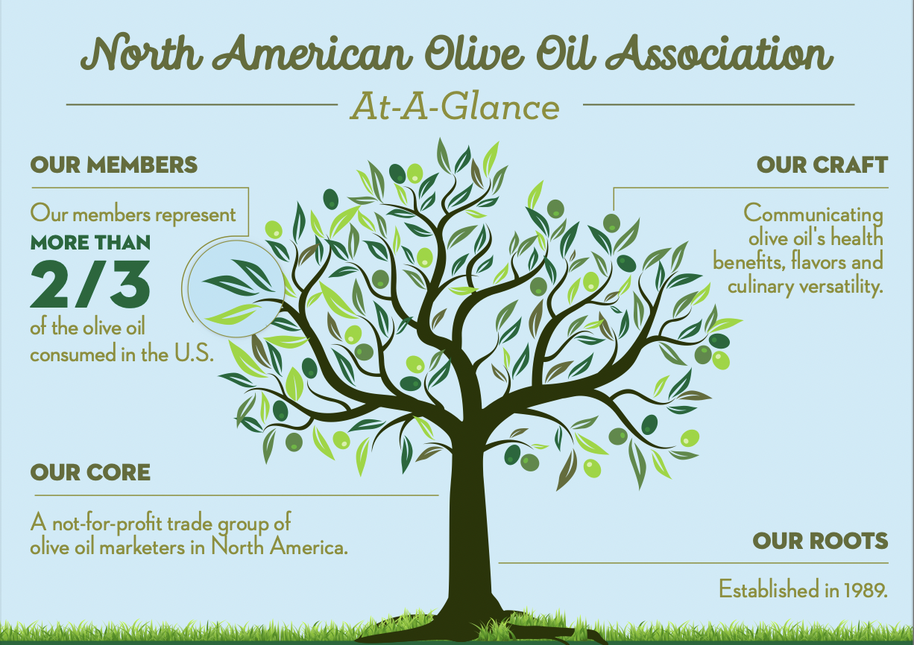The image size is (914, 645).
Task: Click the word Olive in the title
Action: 475,54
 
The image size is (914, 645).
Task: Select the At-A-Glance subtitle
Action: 455,106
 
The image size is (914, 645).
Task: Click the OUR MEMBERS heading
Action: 114,165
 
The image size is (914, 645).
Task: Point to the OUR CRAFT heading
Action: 822,165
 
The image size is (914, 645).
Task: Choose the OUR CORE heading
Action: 90,472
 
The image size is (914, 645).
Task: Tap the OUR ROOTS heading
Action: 820,541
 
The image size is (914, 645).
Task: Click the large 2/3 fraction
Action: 90,285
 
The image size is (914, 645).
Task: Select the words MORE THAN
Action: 90,243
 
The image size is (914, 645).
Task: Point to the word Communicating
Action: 813,215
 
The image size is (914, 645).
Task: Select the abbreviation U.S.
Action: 194,353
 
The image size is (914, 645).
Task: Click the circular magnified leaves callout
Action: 236,289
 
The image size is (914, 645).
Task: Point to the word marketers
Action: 142,547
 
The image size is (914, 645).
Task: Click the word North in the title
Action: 142,54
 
